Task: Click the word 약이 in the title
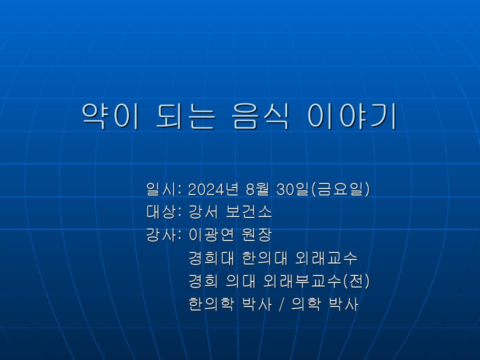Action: tap(110, 116)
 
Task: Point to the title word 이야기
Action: tap(352, 116)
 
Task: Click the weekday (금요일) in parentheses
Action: tap(340, 189)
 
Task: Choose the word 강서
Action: tap(203, 212)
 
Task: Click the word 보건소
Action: tap(248, 212)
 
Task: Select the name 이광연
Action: tap(211, 235)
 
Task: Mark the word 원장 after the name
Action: tap(256, 235)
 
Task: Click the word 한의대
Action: tap(264, 258)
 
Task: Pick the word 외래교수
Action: tap(326, 258)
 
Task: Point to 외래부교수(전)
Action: tap(316, 281)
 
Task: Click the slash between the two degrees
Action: tap(281, 304)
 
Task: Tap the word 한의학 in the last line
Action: tap(211, 304)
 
